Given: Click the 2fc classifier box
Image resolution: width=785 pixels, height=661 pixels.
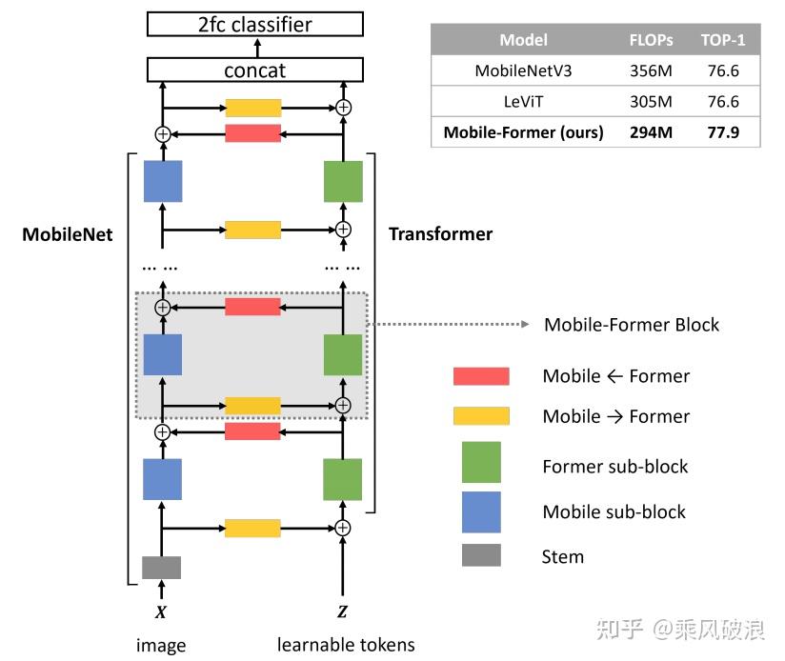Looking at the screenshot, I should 255,24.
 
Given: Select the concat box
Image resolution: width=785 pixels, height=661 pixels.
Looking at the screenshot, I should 255,70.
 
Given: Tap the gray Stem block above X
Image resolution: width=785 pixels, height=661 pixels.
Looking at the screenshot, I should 162,568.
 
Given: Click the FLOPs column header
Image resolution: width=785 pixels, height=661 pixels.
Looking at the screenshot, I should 651,40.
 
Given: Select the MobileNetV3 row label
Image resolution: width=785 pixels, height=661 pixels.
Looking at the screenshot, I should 523,70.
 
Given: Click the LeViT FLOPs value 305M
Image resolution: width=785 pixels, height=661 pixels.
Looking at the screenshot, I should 651,101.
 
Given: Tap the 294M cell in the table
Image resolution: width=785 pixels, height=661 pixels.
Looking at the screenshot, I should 651,132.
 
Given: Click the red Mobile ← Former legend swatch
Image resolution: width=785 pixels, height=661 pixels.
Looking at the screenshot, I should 481,376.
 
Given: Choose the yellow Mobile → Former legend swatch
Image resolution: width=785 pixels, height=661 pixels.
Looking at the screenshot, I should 481,416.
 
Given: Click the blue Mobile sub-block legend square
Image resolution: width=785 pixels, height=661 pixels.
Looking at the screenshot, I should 481,511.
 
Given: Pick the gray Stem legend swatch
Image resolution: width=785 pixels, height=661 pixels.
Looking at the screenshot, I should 481,555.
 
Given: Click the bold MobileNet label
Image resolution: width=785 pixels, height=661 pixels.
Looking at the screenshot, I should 68,233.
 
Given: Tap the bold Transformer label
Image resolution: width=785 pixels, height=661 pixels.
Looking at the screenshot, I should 440,233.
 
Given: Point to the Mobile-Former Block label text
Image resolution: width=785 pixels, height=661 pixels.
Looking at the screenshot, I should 632,325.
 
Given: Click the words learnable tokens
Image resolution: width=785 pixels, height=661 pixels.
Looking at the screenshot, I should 346,645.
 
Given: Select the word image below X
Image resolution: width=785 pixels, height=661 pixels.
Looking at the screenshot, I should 161,646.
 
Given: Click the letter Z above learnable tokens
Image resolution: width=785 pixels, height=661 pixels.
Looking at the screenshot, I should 342,610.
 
